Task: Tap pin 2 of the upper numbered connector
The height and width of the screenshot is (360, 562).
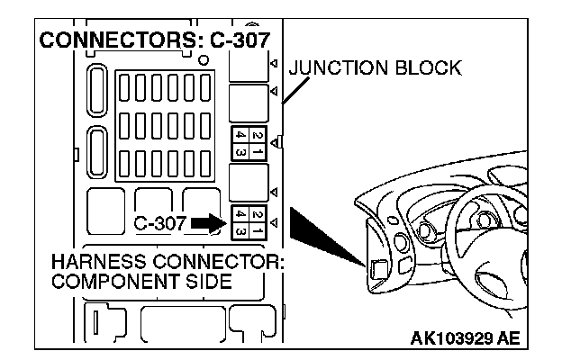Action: pyautogui.click(x=259, y=135)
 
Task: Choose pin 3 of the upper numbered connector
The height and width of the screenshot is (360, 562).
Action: pyautogui.click(x=240, y=150)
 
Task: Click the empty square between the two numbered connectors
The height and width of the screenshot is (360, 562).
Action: pyautogui.click(x=249, y=183)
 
